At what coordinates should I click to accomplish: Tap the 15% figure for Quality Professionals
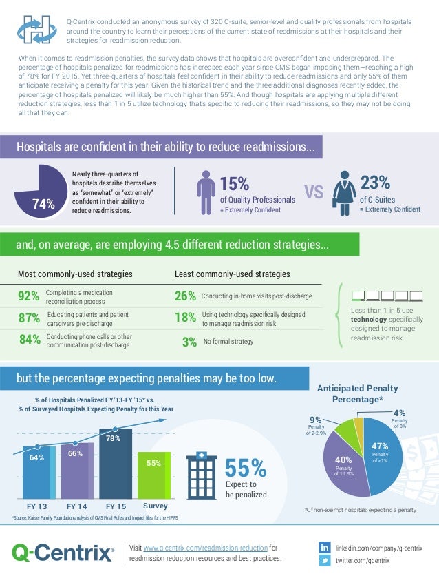click(234, 183)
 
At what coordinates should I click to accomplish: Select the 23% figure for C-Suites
click(376, 183)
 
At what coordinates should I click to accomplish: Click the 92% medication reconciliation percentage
click(28, 297)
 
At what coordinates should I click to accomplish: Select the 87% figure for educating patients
click(28, 318)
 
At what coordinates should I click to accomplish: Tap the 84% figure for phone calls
click(28, 340)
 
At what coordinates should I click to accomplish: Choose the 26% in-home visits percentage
click(186, 297)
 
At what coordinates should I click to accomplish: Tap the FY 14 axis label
click(76, 506)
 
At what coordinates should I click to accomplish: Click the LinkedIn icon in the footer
click(325, 547)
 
